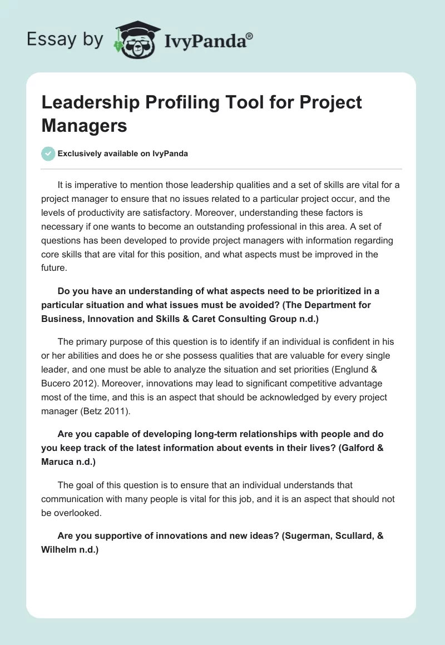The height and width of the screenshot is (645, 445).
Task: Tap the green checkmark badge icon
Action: coord(48,153)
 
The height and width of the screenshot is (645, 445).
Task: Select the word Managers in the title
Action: coord(85,125)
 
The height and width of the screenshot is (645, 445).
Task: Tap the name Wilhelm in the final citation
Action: coord(59,550)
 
